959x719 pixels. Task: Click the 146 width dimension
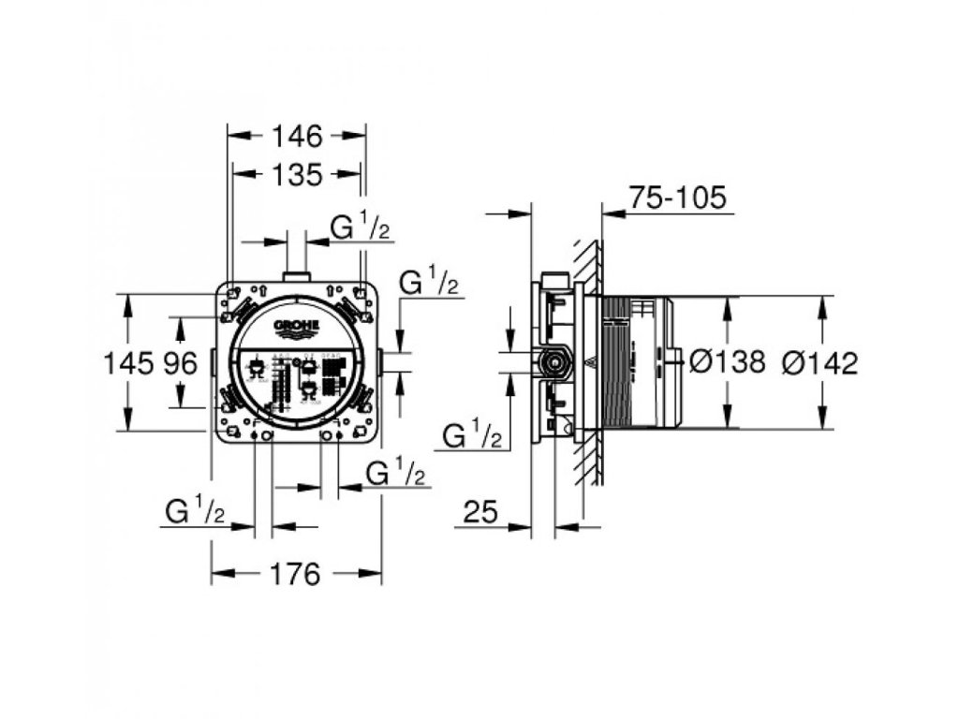(298, 137)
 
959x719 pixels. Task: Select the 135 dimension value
(298, 174)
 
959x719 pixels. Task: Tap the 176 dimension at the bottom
(296, 574)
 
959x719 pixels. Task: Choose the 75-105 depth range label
(677, 198)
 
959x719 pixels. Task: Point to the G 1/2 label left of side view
(472, 435)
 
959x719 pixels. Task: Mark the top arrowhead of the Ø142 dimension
(821, 305)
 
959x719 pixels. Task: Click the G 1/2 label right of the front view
(429, 281)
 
